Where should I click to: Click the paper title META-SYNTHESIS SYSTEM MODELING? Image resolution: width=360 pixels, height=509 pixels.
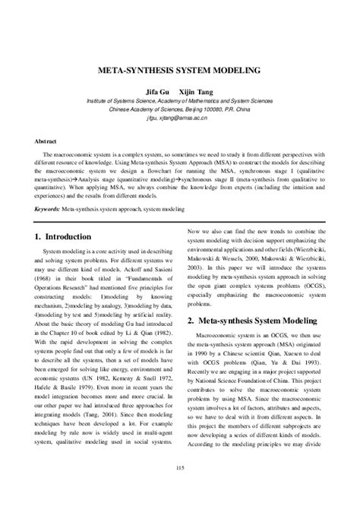click(179, 69)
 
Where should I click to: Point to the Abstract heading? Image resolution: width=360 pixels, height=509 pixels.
click(46, 141)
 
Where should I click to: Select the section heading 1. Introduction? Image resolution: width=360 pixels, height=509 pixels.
click(70, 237)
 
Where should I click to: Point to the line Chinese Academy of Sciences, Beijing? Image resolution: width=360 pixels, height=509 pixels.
click(179, 108)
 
